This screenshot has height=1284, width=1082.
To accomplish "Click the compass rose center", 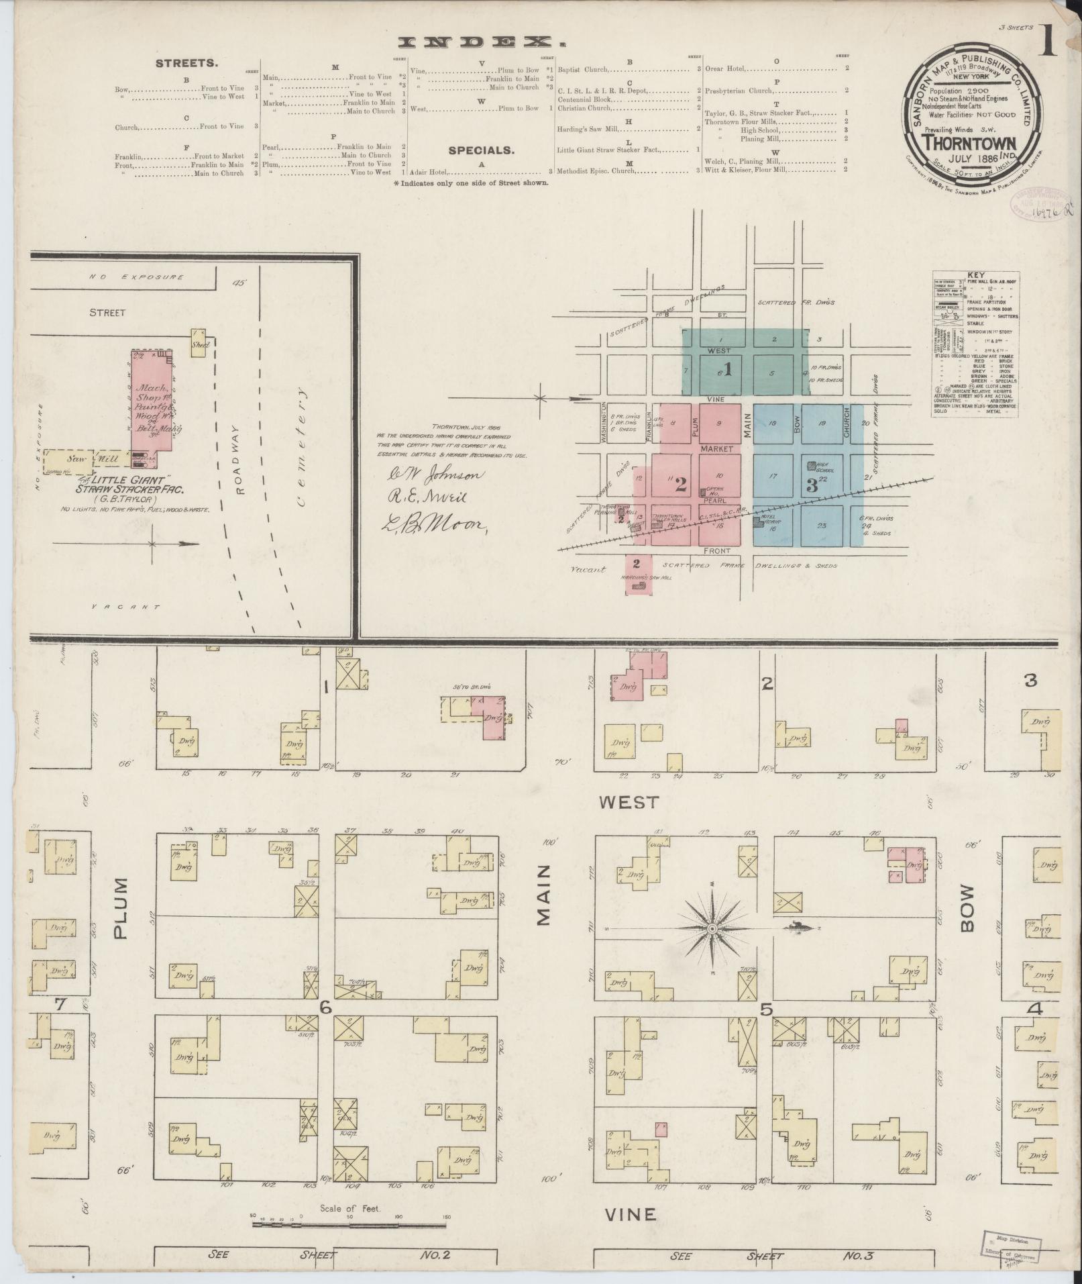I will coord(712,928).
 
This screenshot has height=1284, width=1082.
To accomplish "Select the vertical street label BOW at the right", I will coord(967,917).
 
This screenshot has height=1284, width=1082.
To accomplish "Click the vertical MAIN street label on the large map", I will coord(543,904).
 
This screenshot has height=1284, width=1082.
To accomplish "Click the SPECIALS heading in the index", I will coord(480,150).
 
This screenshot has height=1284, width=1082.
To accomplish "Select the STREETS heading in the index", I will coord(186,64).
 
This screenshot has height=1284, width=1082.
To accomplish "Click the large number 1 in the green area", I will coord(727,369).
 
